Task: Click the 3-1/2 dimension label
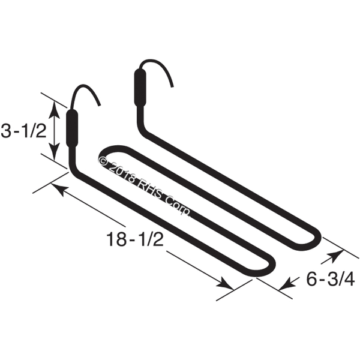click(x=23, y=130)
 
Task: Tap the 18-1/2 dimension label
click(x=135, y=239)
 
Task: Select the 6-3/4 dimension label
click(x=331, y=280)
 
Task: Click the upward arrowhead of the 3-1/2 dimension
click(x=55, y=110)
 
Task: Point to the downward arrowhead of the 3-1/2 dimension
click(x=55, y=152)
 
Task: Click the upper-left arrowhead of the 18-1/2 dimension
click(x=59, y=187)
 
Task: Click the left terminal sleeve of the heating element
click(x=72, y=128)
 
